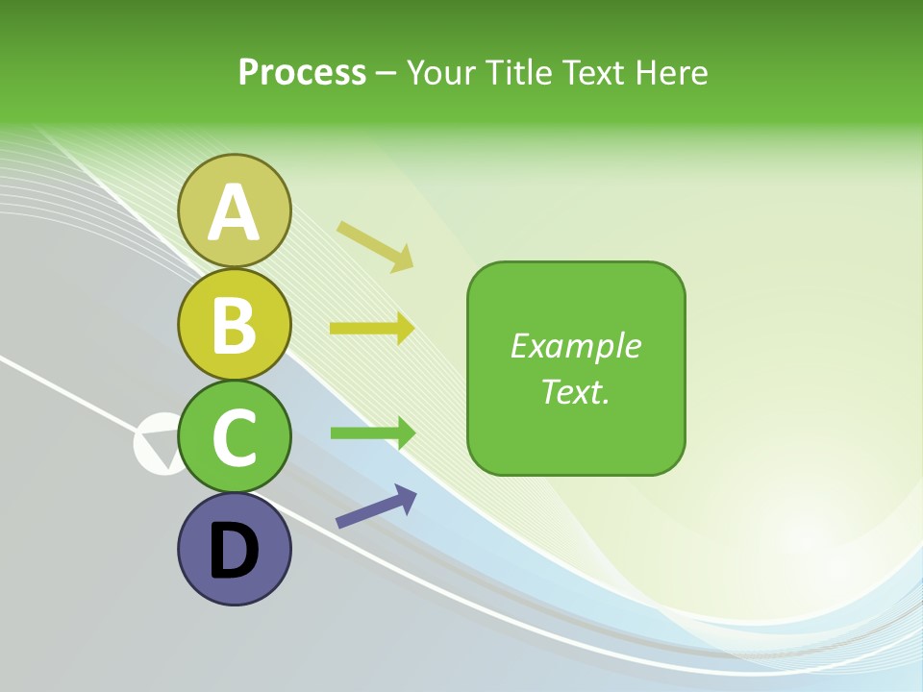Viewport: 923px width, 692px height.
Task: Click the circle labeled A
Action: coord(235,210)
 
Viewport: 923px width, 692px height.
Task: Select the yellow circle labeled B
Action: coord(235,324)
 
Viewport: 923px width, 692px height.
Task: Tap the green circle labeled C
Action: coord(235,436)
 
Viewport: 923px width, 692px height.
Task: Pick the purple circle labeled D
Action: coord(235,549)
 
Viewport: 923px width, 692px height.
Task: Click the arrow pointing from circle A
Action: coord(375,246)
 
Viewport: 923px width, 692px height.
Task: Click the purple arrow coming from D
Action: coord(376,507)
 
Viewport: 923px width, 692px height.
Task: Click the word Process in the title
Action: coord(302,72)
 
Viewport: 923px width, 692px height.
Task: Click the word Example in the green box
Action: coord(575,346)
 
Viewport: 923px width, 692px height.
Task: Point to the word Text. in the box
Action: coord(575,391)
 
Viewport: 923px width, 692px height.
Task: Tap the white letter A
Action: coord(235,212)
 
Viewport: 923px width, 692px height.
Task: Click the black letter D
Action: coord(235,551)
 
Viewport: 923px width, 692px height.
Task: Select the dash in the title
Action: coord(387,73)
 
